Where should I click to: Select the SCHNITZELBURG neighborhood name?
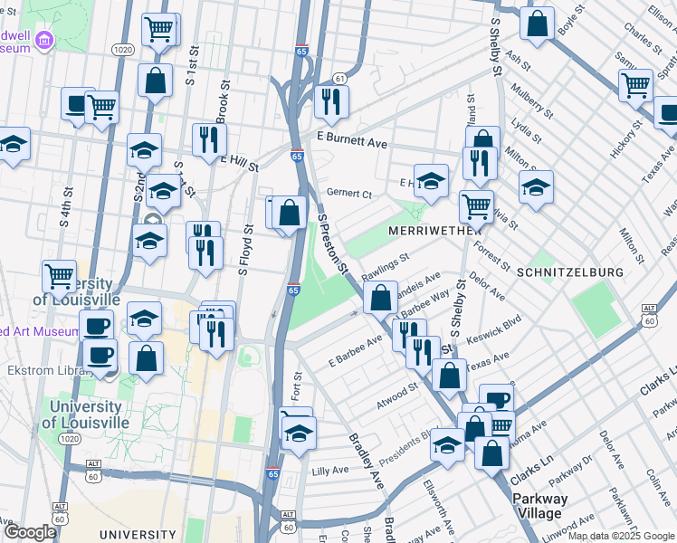(x=570, y=271)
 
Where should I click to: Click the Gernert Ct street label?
(x=349, y=194)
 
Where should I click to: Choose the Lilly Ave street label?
(x=330, y=471)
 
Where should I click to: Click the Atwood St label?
(x=398, y=392)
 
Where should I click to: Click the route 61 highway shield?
(x=339, y=79)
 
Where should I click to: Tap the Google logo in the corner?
(x=29, y=532)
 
